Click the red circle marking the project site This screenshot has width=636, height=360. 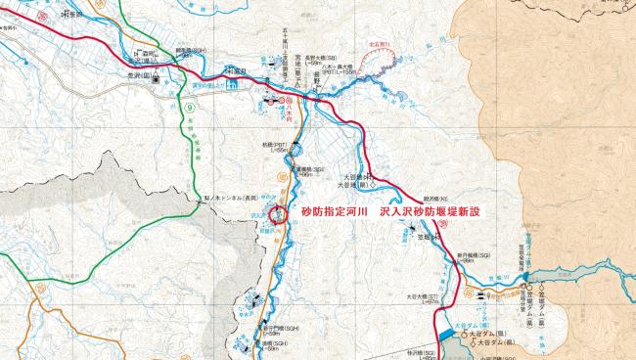(279, 214)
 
